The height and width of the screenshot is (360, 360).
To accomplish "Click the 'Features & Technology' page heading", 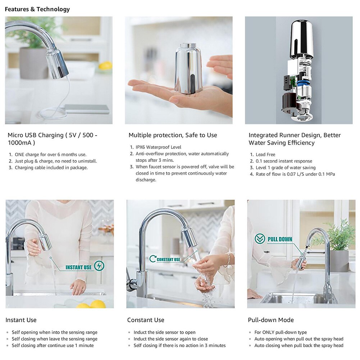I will [37, 9].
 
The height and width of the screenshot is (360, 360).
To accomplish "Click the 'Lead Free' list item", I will [265, 155].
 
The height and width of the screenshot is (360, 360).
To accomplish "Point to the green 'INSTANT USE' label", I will [78, 268].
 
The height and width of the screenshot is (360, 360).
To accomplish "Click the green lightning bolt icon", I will [99, 266].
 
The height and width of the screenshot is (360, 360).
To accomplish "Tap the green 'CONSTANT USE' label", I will [168, 259].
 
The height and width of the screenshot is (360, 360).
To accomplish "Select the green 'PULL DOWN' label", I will [280, 239].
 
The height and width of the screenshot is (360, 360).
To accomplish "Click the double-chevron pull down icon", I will [260, 239].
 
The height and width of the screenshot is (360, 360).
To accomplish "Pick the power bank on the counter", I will [87, 109].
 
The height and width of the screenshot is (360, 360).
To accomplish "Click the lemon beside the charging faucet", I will [105, 66].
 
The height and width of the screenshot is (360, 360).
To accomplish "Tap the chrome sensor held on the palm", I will [188, 68].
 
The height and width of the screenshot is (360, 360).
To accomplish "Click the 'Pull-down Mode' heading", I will [271, 320].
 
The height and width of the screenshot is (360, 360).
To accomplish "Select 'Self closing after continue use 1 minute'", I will [53, 345].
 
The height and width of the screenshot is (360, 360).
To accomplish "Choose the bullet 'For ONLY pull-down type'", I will [281, 332].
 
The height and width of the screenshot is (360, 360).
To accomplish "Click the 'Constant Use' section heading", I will [145, 320].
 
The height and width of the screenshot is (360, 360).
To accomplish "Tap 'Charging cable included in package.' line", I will [51, 168].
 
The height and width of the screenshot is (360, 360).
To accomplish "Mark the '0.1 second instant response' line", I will [284, 161].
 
